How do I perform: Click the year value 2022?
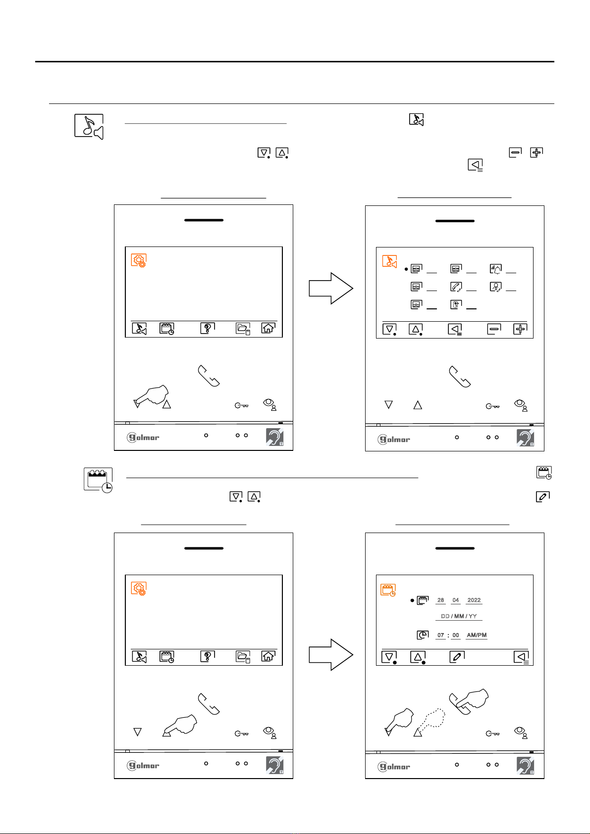tap(474, 600)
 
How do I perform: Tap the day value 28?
tap(440, 600)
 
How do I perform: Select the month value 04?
tap(455, 600)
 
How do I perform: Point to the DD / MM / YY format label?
tap(459, 616)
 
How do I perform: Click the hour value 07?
tap(440, 635)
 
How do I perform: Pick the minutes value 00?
tap(455, 635)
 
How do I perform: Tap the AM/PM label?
tap(477, 635)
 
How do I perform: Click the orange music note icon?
tap(389, 261)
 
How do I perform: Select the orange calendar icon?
tap(388, 590)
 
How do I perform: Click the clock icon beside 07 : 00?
tap(422, 635)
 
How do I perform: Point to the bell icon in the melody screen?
tap(496, 269)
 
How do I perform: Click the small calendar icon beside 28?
tap(422, 600)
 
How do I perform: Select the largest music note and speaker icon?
tap(89, 127)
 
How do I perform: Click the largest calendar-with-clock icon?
tap(98, 480)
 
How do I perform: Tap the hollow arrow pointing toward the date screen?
tap(331, 655)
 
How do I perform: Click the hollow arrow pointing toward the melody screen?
tap(331, 289)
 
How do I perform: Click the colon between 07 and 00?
tap(448, 636)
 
